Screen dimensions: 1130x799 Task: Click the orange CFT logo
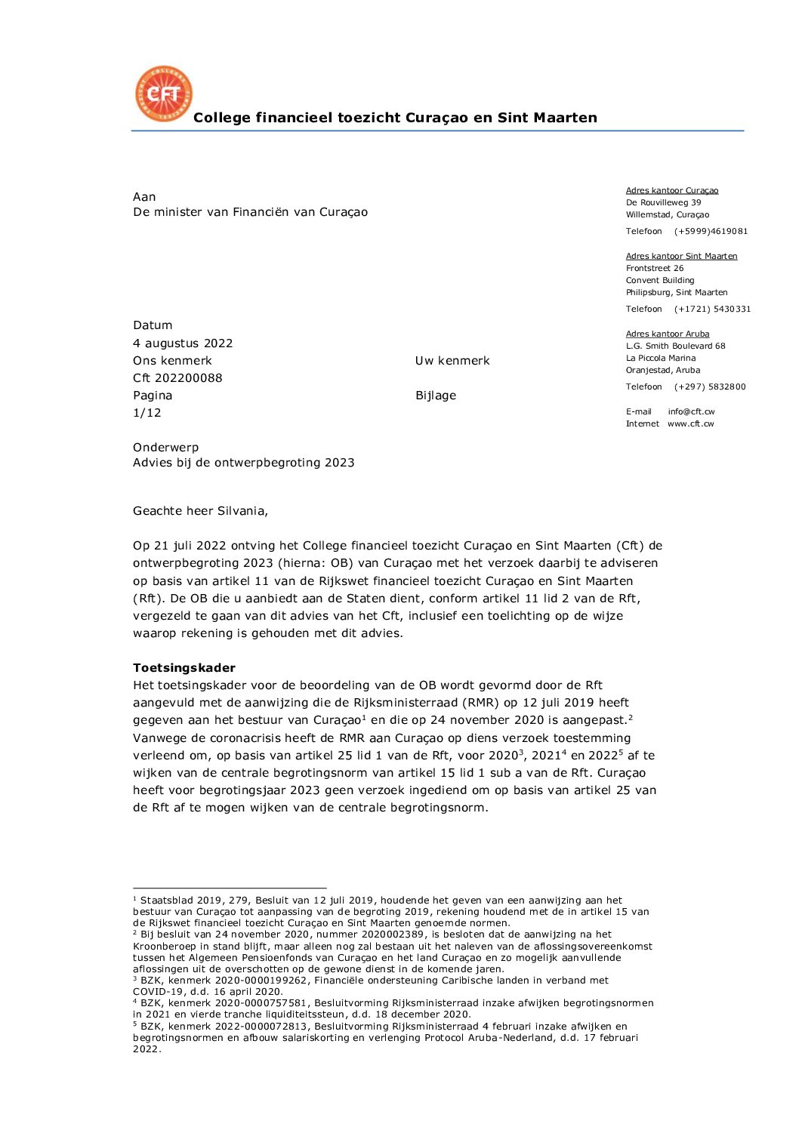163,94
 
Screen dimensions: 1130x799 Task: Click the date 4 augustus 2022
183,343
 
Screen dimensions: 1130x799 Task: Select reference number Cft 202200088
177,378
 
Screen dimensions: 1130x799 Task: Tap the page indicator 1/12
147,413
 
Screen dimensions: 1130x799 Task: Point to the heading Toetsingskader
184,668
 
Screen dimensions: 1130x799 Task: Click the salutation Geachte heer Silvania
200,511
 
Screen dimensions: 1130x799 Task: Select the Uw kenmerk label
452,361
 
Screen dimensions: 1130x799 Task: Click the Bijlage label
436,396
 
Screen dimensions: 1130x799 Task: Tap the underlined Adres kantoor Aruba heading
668,334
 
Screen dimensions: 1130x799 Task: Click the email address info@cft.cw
691,411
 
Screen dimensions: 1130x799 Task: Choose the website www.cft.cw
690,423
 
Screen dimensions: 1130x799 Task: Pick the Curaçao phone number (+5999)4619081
711,231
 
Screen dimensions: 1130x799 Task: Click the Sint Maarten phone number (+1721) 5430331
712,309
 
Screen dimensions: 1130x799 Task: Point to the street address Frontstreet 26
655,268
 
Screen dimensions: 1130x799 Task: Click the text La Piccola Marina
661,358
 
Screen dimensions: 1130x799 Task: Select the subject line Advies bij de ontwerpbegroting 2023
243,463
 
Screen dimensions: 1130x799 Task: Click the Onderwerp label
165,448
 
